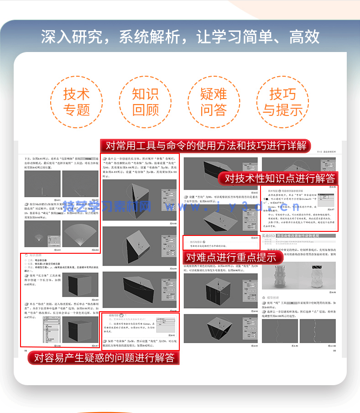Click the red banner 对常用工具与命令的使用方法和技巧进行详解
(x=206, y=146)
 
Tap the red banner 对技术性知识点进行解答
(x=292, y=178)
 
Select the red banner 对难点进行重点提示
(x=231, y=257)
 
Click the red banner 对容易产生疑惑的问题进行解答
(x=104, y=357)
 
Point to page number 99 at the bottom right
(x=334, y=350)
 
